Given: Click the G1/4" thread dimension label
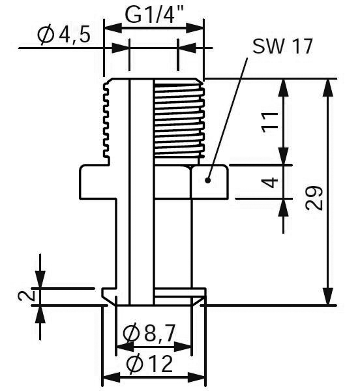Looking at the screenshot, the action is click(154, 14).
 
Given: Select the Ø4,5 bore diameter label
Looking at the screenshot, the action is click(64, 35).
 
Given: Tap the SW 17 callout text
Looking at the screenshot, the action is click(282, 46).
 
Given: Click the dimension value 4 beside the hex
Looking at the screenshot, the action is click(270, 182).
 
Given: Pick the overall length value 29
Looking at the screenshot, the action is click(314, 198).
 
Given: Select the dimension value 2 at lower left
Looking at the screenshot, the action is click(26, 296).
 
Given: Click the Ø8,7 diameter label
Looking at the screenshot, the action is click(149, 334).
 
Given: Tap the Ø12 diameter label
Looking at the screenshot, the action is click(149, 364).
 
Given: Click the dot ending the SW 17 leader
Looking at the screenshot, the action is click(208, 180).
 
